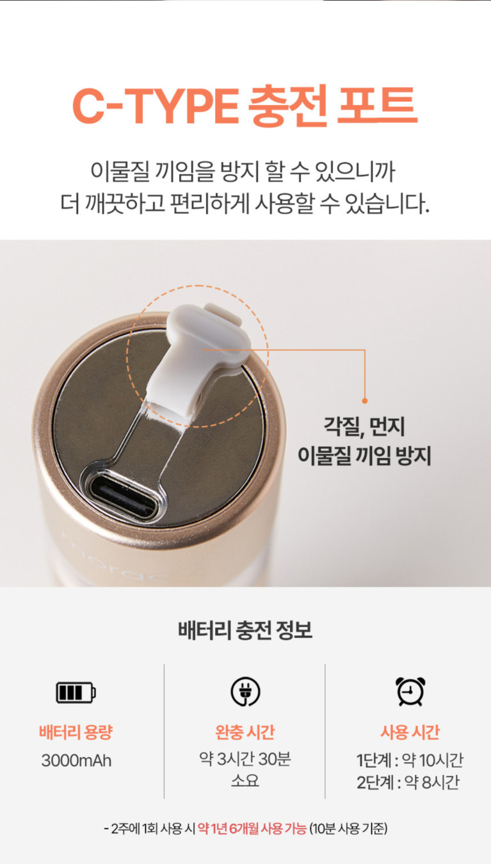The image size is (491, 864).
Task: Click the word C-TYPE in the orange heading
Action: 155,106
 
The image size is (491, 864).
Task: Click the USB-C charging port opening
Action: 124,496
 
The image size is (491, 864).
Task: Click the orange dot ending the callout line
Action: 365,401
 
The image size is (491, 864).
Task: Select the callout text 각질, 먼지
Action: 364,427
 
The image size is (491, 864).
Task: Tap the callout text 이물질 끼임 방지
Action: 364,455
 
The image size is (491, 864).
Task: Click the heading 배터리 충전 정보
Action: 245,630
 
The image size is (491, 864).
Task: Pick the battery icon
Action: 76,692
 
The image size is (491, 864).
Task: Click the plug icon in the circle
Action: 245,692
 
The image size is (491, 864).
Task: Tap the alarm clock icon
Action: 410,692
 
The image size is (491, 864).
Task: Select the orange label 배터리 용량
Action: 76,731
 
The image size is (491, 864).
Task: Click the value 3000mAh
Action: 76,760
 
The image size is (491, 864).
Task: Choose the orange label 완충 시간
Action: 245,731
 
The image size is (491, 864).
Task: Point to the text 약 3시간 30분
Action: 245,759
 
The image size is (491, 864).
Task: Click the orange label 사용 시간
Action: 410,731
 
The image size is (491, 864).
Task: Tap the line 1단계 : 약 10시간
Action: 410,760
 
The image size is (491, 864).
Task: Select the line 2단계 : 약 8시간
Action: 408,782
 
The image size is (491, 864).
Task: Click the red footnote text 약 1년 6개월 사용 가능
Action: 252,828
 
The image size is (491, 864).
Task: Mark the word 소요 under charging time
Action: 245,781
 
